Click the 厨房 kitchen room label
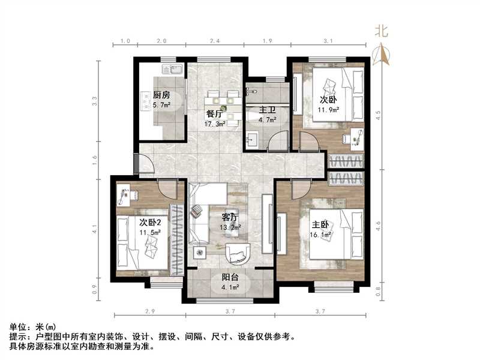coord(161,95)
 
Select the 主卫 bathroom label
coord(267,110)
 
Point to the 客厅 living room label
coord(232,218)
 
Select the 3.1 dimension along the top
coord(328,41)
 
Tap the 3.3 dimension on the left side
coord(94,101)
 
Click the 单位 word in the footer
coord(18,326)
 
